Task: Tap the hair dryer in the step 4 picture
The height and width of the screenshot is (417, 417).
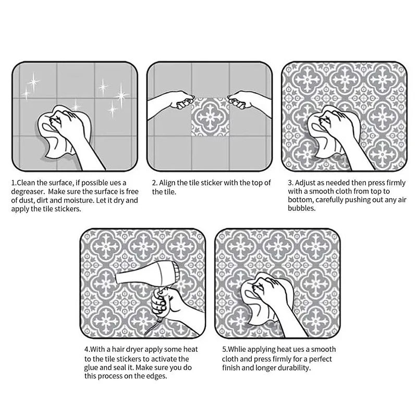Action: point(147,277)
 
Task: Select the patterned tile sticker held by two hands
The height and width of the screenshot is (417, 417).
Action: point(210,117)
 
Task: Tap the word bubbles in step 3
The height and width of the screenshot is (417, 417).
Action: point(302,208)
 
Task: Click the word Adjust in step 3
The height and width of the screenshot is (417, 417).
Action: point(306,183)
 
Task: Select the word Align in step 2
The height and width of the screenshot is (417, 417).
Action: point(167,183)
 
